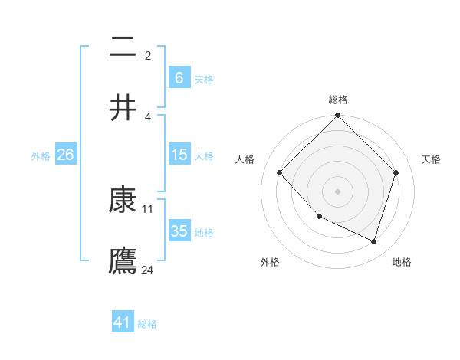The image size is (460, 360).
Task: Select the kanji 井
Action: click(123, 107)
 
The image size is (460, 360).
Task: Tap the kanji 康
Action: click(123, 200)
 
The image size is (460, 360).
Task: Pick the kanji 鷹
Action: click(123, 260)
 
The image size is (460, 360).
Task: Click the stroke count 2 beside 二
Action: click(148, 55)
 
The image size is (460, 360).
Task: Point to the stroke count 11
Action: click(148, 208)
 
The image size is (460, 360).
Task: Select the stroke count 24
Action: click(148, 270)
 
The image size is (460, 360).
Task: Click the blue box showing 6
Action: click(179, 77)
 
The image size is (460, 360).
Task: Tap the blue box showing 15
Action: click(179, 155)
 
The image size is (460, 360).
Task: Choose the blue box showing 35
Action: click(179, 231)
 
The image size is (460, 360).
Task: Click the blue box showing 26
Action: click(65, 155)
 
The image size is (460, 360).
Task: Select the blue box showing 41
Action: click(123, 322)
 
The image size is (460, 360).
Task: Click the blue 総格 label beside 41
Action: click(147, 324)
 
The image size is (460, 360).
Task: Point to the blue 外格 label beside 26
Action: click(41, 156)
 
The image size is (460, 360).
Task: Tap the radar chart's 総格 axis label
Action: click(337, 100)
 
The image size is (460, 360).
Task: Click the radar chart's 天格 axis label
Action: click(431, 159)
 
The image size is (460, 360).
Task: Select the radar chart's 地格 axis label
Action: click(402, 262)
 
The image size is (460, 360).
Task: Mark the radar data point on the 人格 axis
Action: click(279, 172)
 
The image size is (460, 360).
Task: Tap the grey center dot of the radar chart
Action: click(337, 191)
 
